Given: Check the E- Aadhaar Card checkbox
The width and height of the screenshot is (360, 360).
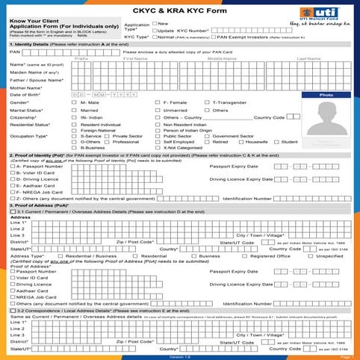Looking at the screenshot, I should coord(13,185).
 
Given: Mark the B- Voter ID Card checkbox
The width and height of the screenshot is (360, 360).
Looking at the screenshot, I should coord(13,172).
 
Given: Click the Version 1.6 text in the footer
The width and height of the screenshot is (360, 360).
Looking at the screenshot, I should coord(179,357).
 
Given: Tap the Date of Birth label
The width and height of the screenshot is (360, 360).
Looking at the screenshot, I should coord(25,94).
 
